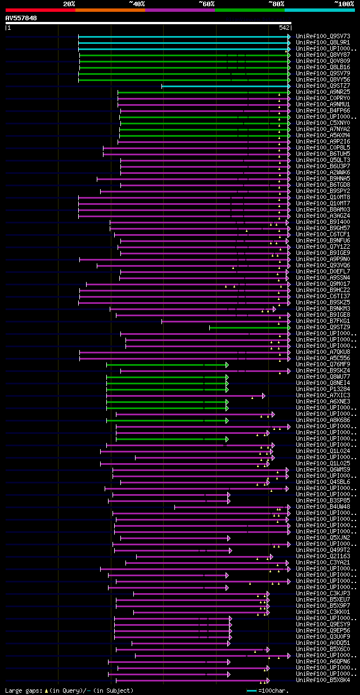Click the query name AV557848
pos(21,18)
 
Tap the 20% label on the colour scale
pos(69,4)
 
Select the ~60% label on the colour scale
pos(206,4)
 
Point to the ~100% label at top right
pos(344,4)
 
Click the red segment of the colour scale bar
pos(40,10)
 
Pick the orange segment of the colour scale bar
pos(110,10)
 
